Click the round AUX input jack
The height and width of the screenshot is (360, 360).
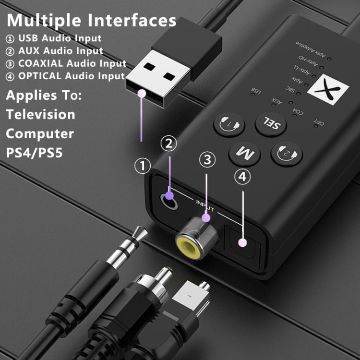coord(169,196)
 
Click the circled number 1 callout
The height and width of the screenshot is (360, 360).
coord(143,167)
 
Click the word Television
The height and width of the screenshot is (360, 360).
coord(40,114)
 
